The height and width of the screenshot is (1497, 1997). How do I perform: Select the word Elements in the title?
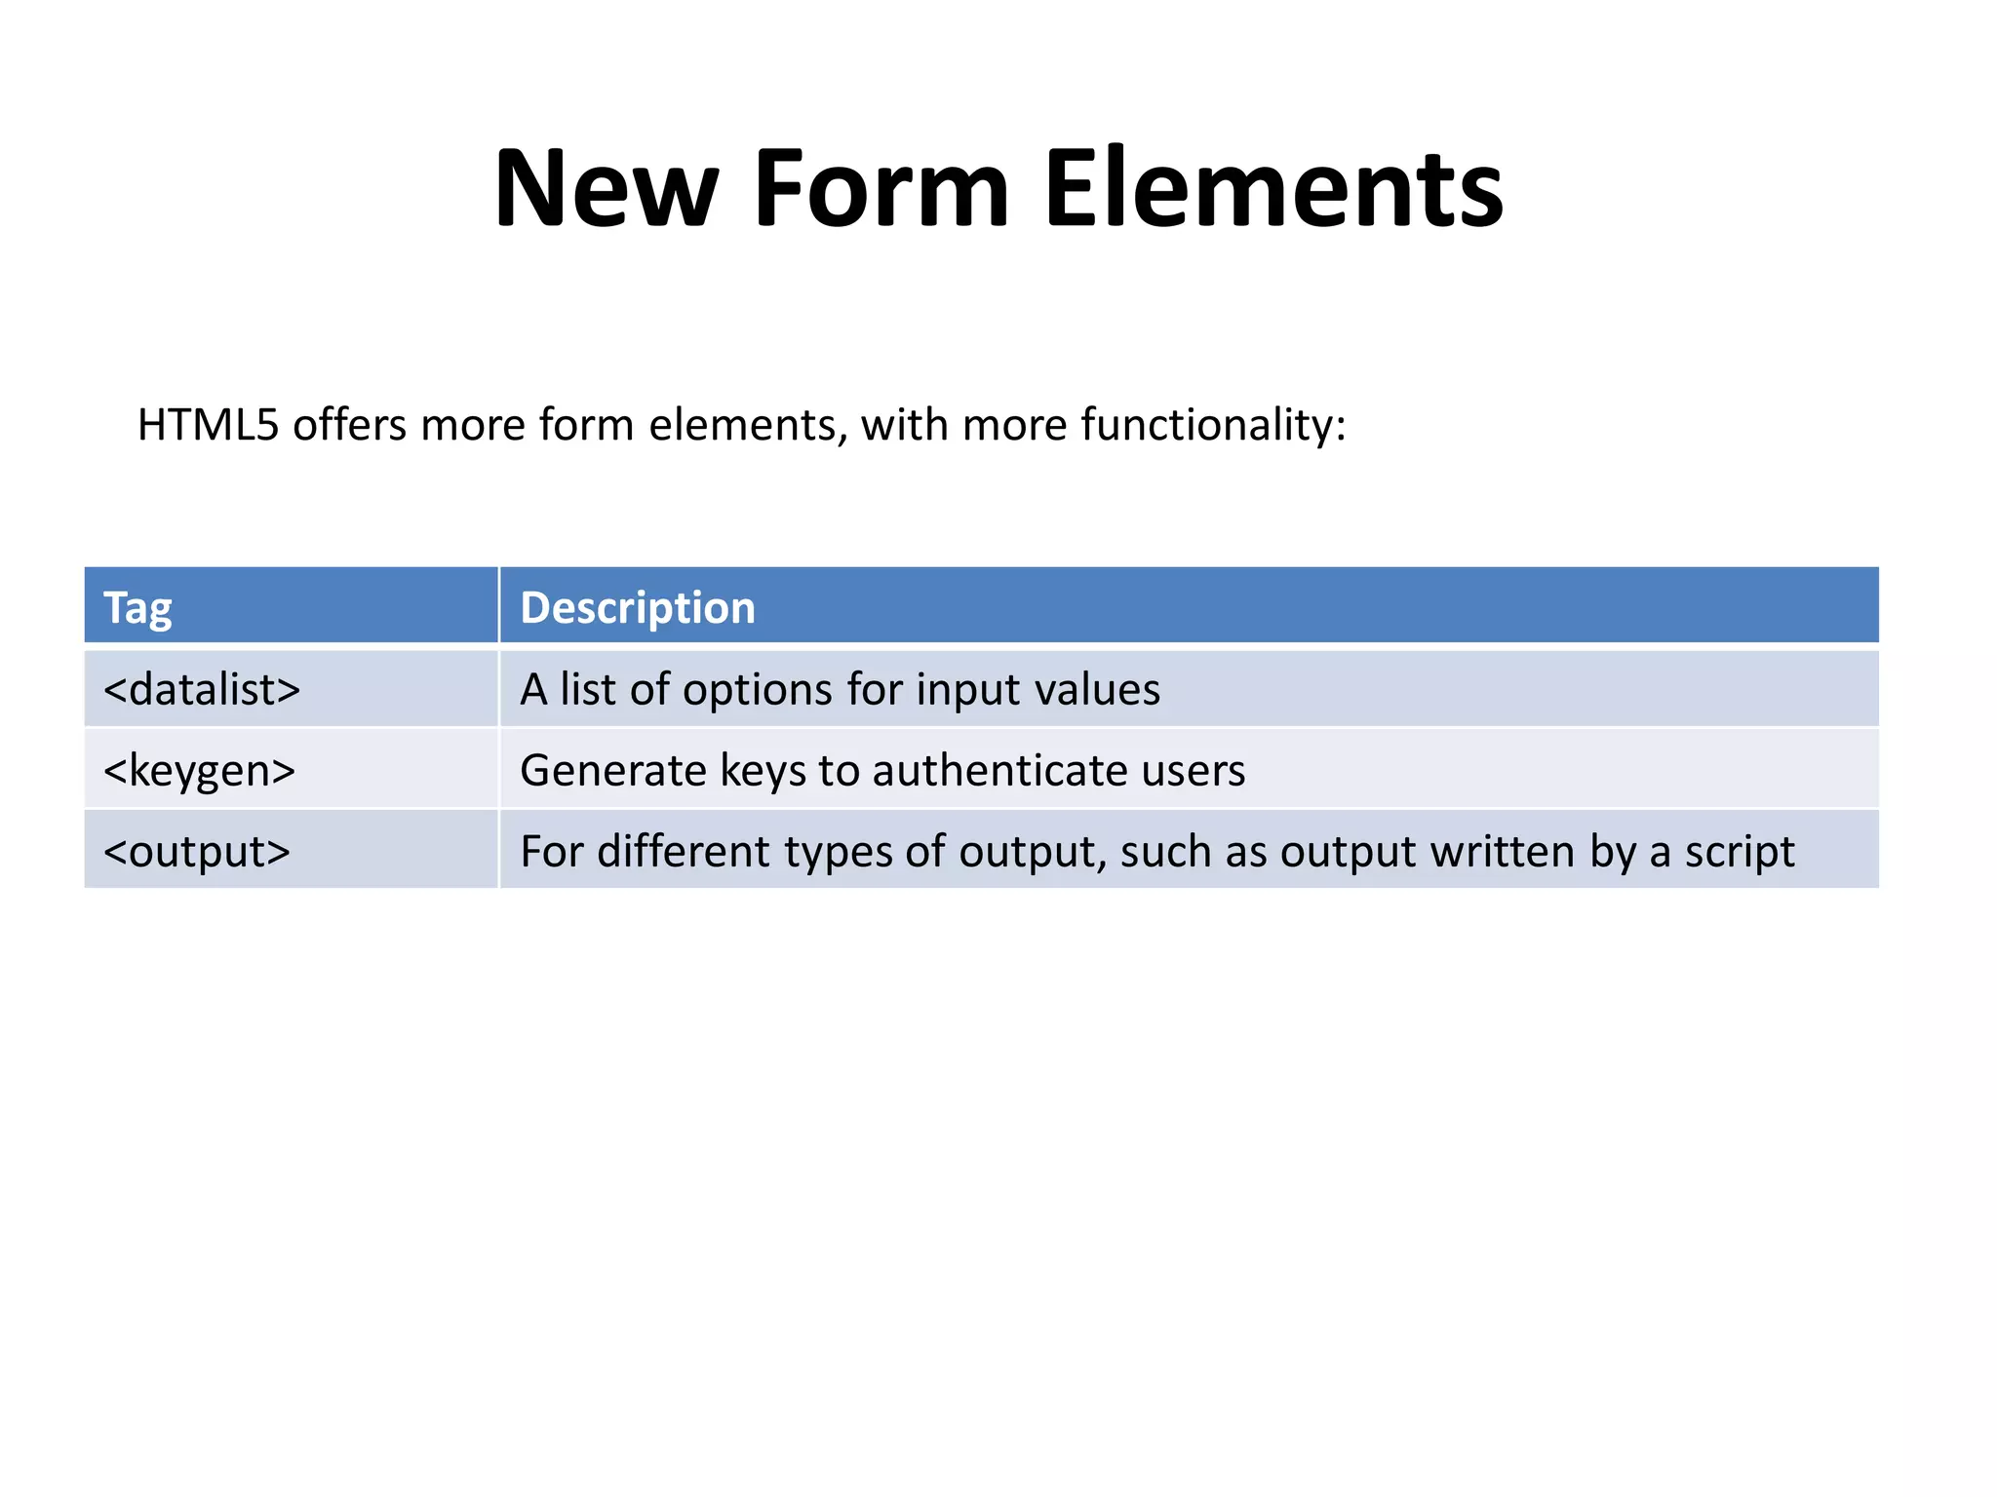[1273, 188]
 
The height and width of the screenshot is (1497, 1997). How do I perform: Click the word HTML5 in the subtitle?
[208, 425]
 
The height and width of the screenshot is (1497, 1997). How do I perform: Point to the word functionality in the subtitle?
[1213, 425]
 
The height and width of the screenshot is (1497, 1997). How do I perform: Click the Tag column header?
[137, 608]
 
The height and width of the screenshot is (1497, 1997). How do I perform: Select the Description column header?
[638, 608]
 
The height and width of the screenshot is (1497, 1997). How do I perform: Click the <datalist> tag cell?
[202, 690]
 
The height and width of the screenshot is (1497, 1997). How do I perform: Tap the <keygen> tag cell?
[199, 771]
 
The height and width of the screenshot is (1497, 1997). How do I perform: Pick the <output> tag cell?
[197, 852]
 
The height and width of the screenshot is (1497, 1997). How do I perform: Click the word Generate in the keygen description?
[613, 771]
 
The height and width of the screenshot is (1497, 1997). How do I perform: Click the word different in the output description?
[684, 852]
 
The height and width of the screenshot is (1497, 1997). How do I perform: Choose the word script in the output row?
[1740, 852]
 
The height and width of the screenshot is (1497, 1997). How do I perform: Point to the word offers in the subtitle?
[349, 425]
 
